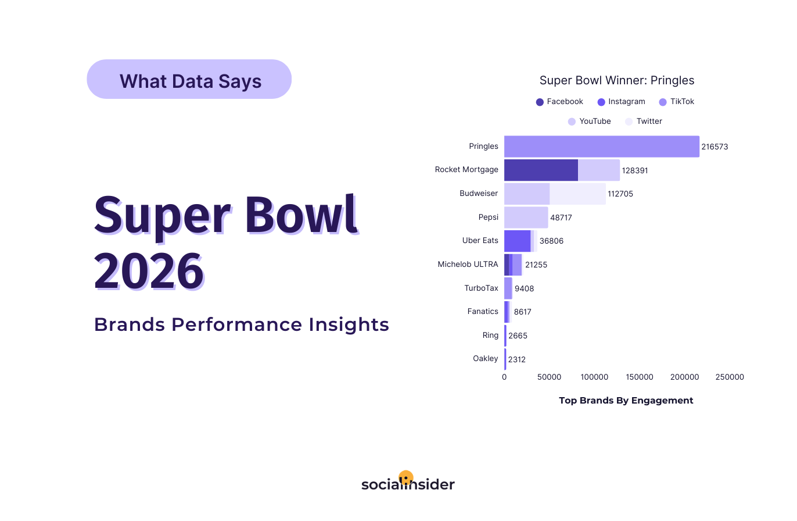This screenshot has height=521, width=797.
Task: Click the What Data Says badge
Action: point(189,80)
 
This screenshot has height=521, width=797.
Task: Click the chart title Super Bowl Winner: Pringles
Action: point(616,80)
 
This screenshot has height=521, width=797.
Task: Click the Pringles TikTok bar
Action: point(601,147)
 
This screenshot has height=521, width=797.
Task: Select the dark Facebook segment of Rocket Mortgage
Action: point(541,170)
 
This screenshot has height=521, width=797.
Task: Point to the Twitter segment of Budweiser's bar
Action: point(577,194)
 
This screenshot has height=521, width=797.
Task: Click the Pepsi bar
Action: point(526,217)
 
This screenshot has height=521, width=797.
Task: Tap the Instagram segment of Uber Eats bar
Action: point(517,241)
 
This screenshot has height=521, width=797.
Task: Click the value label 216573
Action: point(715,147)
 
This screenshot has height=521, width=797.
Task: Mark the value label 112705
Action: point(620,194)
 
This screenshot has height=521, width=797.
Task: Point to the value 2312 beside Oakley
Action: point(516,360)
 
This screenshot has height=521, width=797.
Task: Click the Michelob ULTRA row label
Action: point(468,265)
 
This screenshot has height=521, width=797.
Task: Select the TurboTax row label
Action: point(481,288)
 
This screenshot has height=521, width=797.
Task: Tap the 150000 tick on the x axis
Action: point(640,377)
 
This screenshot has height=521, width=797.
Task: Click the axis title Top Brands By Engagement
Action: point(626,401)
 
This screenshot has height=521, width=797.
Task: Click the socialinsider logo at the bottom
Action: point(408,483)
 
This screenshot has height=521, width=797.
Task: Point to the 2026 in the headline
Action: point(149,271)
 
